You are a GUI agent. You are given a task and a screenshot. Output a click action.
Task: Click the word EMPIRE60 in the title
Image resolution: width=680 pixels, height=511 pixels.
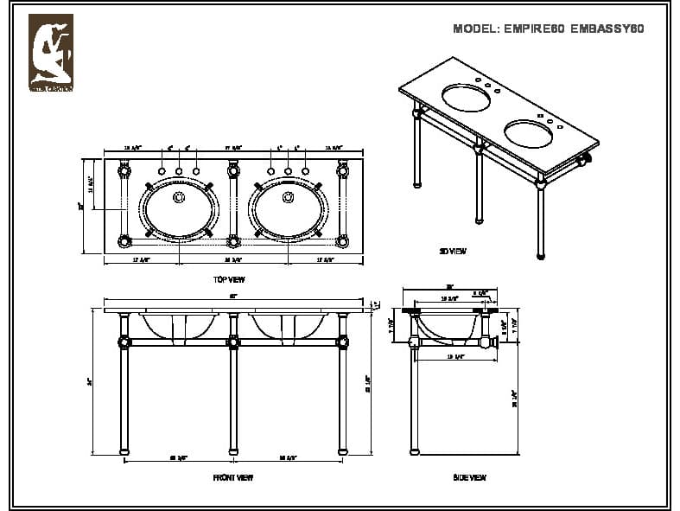[532, 29]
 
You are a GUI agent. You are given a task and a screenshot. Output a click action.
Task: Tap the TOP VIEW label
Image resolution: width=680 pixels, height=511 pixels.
[229, 279]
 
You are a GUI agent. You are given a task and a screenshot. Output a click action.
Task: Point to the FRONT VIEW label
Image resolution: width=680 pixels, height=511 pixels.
[232, 477]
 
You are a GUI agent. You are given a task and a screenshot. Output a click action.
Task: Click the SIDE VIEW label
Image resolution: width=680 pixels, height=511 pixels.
[469, 477]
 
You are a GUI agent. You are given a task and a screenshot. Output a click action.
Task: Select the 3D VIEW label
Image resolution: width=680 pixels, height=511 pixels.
[453, 251]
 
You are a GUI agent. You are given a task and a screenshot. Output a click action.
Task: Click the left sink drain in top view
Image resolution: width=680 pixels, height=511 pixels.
[180, 198]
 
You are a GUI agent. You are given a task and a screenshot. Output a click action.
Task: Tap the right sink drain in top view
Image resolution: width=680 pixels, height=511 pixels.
[289, 198]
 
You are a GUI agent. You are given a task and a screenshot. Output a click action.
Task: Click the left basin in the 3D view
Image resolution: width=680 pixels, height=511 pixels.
[467, 94]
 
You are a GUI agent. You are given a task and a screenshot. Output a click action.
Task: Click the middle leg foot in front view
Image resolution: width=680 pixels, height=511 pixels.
[233, 451]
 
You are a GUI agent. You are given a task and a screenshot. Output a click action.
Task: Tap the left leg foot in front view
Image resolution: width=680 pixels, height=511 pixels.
[124, 451]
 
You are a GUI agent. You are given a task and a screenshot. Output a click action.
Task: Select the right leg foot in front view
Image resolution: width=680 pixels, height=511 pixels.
[343, 451]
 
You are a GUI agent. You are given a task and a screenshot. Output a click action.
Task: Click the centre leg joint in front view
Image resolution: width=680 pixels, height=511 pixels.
[233, 342]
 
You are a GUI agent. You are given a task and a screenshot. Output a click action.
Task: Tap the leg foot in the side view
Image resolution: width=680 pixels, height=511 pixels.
[415, 451]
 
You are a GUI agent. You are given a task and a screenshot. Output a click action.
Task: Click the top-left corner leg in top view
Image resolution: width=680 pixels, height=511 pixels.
[124, 171]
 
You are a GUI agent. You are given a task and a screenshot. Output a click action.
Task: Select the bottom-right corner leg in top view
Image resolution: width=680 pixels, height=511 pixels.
[343, 241]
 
